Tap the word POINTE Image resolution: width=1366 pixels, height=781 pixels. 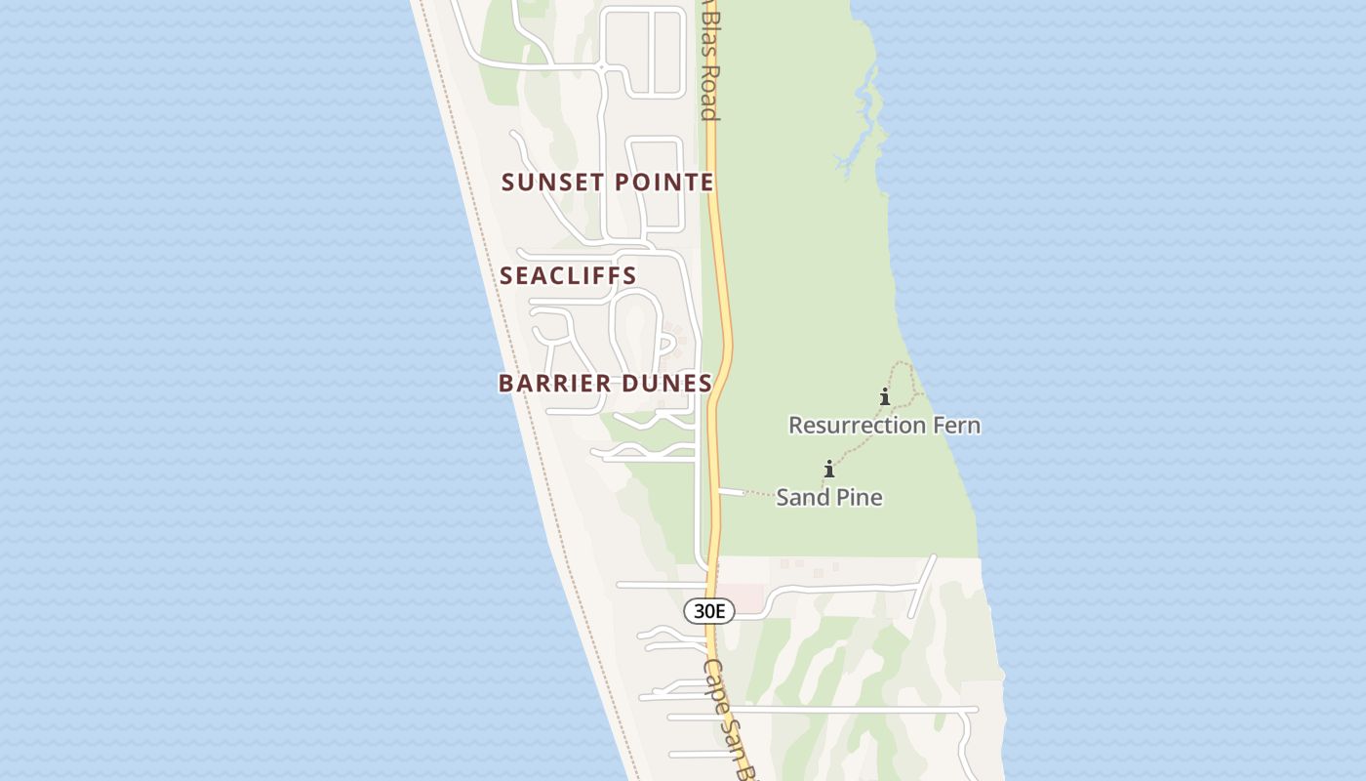[x=664, y=183]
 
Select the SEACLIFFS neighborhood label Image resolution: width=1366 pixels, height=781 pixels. [x=568, y=276]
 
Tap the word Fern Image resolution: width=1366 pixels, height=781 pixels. [x=960, y=426]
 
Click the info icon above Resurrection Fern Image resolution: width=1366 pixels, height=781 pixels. [x=885, y=397]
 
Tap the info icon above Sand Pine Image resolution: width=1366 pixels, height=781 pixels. [x=829, y=470]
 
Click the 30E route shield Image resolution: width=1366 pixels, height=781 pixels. [x=708, y=612]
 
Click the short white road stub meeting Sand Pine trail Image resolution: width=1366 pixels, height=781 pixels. [x=730, y=491]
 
